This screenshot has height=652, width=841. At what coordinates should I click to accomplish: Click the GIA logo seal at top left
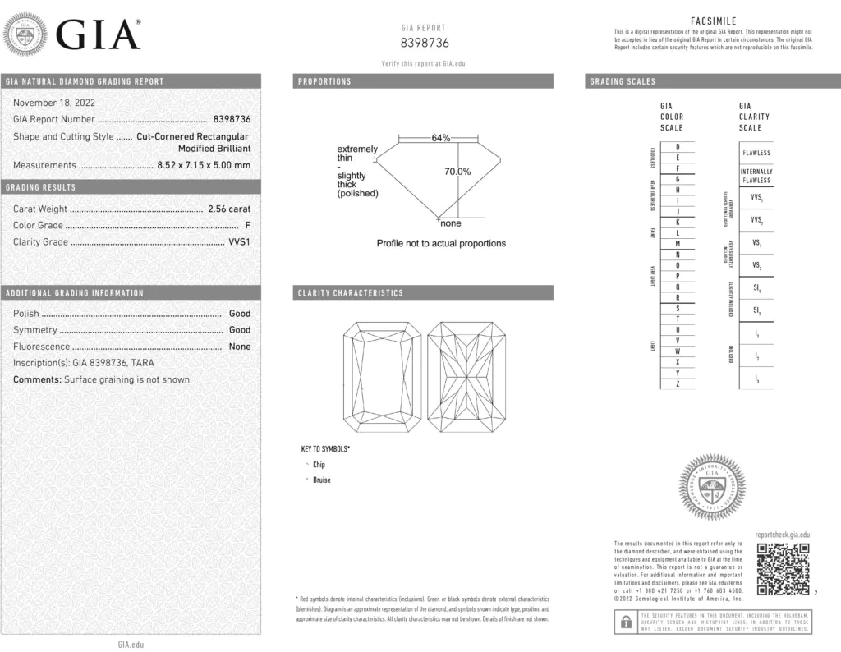pos(25,36)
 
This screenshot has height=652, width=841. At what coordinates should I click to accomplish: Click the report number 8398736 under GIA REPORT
pos(425,44)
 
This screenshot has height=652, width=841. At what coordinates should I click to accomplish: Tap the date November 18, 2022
pos(54,103)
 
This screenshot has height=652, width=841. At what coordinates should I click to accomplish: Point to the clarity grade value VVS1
pos(239,242)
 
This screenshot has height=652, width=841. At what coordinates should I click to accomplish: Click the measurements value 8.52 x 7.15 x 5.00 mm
pos(204,165)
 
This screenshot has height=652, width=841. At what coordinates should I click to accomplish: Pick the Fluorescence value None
pos(240,347)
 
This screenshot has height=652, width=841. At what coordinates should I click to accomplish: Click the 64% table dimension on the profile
pos(441,138)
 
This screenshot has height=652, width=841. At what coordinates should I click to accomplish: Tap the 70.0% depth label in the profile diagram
pos(457,172)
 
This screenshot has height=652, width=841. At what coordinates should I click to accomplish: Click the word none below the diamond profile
pos(451,224)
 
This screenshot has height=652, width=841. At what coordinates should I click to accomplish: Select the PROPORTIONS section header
pos(324,81)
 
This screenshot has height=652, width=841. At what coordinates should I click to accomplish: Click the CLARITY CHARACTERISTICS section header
pos(351,293)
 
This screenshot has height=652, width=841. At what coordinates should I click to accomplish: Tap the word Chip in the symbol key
pos(319,465)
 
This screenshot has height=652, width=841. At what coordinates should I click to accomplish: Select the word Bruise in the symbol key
pos(322,480)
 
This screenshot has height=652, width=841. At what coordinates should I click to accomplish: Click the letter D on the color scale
pos(677,146)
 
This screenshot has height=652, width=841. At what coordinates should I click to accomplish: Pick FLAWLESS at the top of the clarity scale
pos(756,153)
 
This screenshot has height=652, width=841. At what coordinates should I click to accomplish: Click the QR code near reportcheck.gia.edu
pos(782,568)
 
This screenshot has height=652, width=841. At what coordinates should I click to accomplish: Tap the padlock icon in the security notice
pos(626,622)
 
